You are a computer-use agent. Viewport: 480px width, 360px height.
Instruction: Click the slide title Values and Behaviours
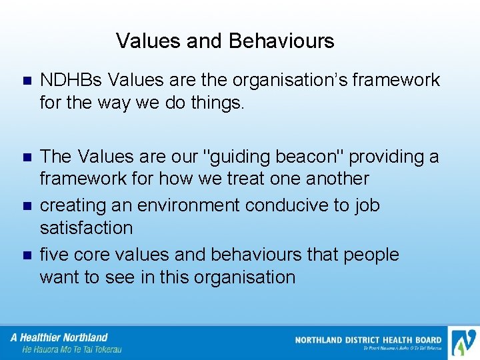point(225,41)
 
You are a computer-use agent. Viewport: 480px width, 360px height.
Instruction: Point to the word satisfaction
point(86,228)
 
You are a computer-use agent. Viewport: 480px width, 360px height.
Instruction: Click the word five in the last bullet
point(53,255)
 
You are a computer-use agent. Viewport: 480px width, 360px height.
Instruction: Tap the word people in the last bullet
point(371,255)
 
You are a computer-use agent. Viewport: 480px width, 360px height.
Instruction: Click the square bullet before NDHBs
point(27,81)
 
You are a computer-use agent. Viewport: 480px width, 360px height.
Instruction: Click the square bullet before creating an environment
point(27,207)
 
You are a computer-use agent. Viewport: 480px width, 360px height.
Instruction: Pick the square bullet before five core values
point(27,256)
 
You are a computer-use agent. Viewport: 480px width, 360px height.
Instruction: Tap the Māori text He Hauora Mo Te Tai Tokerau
point(72,349)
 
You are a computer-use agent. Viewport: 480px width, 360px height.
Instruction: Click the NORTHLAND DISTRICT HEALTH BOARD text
point(368,340)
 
